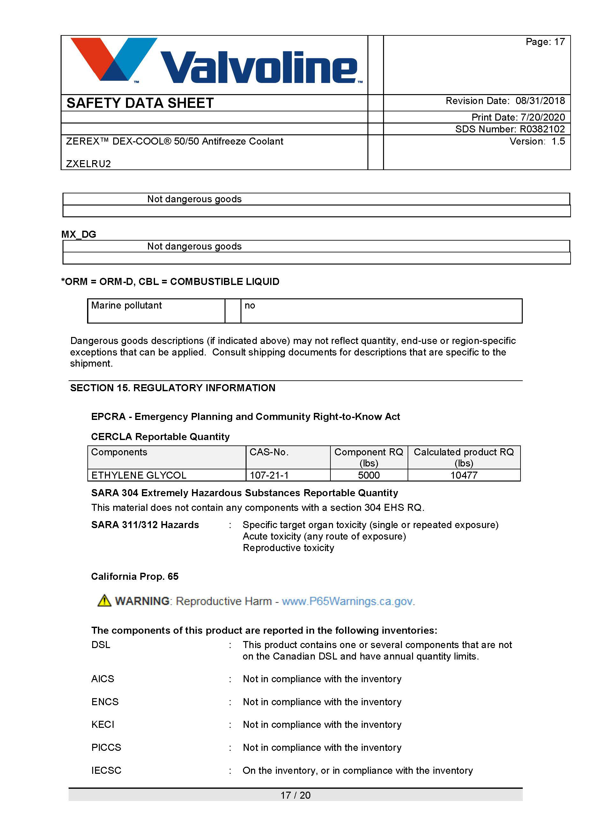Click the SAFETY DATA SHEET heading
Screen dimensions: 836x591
point(140,103)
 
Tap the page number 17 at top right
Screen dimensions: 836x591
point(559,42)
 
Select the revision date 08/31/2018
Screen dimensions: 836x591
point(540,101)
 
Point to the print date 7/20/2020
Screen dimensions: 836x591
point(543,117)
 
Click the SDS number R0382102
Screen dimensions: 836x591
point(542,129)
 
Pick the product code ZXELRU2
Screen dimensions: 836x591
point(88,164)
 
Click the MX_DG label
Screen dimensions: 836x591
point(78,234)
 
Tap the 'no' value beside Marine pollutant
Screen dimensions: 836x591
point(250,305)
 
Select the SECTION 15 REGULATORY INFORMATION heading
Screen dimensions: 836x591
point(173,388)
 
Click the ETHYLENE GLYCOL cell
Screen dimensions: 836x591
point(139,475)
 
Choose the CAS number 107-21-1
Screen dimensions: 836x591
point(269,475)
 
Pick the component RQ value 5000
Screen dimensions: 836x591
point(369,475)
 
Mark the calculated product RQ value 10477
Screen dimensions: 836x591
point(464,475)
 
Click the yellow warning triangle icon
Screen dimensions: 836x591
point(104,601)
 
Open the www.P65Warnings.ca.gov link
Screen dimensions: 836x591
point(348,601)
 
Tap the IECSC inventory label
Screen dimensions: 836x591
point(106,771)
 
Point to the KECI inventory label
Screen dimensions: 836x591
point(103,725)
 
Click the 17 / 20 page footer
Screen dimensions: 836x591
point(295,795)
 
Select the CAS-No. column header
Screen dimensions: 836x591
point(269,452)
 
